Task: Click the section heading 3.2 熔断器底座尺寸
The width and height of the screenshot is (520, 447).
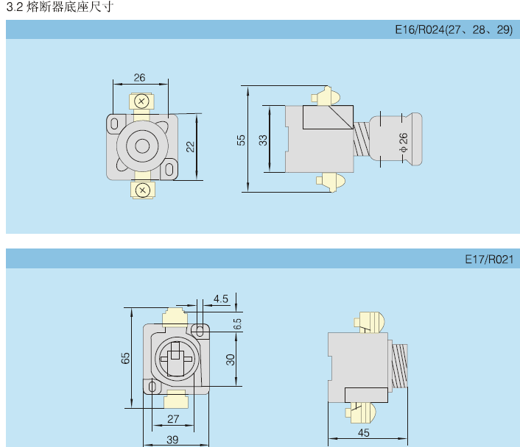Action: (x=60, y=7)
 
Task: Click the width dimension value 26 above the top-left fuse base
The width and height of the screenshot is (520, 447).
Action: (x=140, y=77)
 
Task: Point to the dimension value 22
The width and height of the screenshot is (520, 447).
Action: (x=190, y=146)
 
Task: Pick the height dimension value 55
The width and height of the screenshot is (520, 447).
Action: (x=241, y=140)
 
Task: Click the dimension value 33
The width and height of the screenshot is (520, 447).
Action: (x=263, y=140)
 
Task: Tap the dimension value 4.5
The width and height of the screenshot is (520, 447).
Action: (x=221, y=298)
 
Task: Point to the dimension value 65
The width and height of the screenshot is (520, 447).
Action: (x=126, y=357)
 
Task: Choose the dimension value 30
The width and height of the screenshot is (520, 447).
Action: (x=231, y=359)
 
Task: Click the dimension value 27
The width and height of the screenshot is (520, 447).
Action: (x=173, y=419)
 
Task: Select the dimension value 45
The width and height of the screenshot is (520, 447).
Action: (x=363, y=433)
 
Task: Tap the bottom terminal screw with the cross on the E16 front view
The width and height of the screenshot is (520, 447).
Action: (x=144, y=191)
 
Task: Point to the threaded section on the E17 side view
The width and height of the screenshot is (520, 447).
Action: (x=398, y=365)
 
